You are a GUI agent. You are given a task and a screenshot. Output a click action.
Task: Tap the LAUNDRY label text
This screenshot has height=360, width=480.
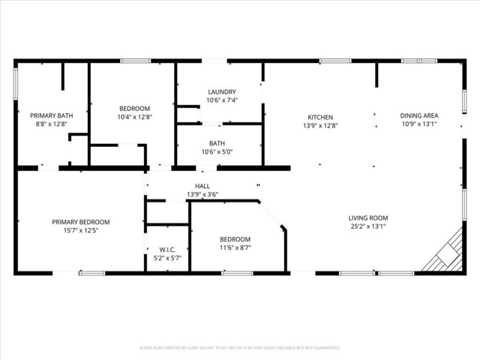(221, 91)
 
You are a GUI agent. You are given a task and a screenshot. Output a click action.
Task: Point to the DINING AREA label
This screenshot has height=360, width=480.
(419, 115)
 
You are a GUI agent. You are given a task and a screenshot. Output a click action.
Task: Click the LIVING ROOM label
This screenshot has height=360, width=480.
(367, 218)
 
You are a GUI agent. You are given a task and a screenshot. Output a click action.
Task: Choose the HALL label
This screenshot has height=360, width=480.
(202, 186)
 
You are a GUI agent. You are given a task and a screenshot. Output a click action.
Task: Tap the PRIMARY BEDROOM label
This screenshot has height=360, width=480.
(80, 221)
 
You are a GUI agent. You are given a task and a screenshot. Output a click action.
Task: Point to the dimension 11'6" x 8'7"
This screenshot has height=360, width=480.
(235, 247)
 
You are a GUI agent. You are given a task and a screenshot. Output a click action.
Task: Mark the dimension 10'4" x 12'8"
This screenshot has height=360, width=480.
(134, 117)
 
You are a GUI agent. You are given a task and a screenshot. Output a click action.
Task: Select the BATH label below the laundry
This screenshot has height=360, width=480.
(217, 143)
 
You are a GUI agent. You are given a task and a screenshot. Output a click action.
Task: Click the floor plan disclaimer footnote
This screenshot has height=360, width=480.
(240, 348)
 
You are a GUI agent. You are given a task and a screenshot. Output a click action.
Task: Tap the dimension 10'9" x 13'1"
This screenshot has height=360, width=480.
(419, 124)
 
